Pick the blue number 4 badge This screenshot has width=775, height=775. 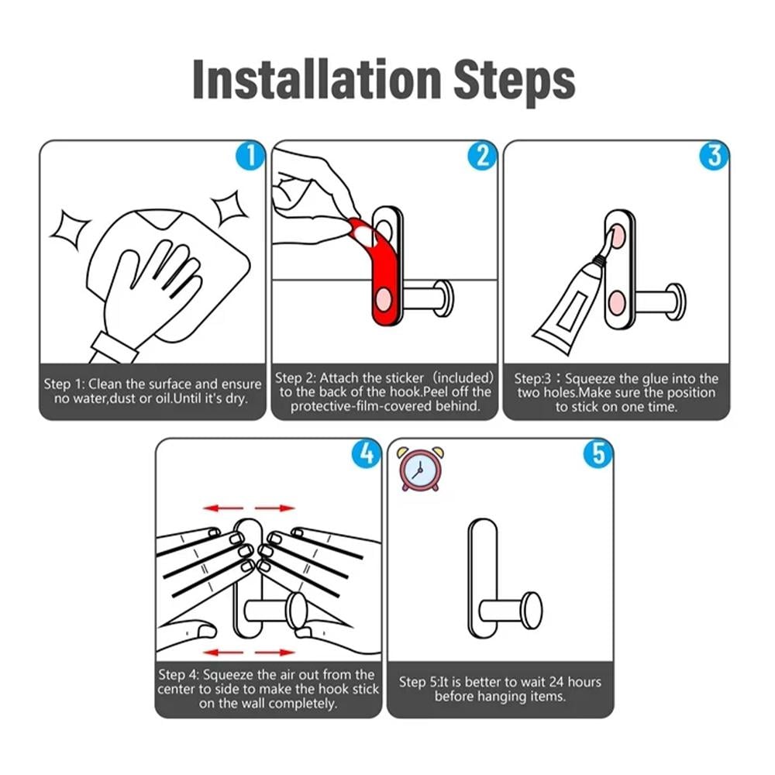coord(367,453)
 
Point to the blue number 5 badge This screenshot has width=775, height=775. coord(598,453)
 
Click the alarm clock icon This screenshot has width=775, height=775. coord(420,469)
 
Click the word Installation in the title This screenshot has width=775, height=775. coord(316,80)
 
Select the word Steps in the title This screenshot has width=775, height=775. coord(515,81)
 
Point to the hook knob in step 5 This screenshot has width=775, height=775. coord(532,610)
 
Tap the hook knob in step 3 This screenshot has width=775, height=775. coord(675,302)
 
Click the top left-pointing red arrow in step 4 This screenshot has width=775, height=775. coord(223,508)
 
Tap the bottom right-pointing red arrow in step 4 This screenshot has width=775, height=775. coord(275,653)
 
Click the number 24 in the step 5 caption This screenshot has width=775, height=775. coord(556,682)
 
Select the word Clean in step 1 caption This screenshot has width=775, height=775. coord(105,384)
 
